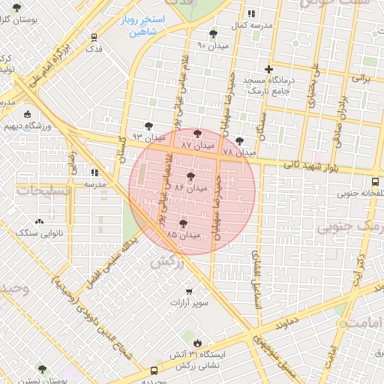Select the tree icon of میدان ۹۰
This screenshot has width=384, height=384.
click(x=214, y=34)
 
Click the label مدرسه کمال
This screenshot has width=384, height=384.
click(x=249, y=25)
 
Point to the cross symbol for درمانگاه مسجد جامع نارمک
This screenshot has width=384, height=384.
click(x=268, y=69)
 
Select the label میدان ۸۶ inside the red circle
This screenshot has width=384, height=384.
click(x=190, y=186)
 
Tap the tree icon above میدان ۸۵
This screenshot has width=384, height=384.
click(x=183, y=223)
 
